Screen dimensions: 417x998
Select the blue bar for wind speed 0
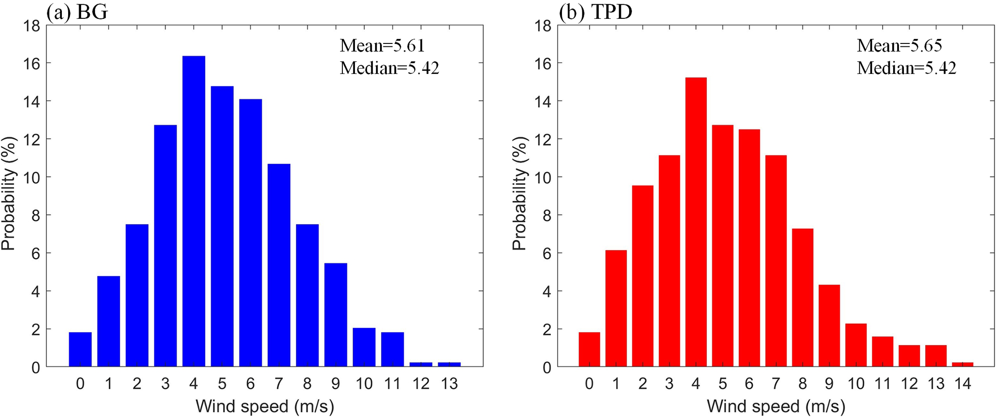80,349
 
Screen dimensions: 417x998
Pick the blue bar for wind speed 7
279,265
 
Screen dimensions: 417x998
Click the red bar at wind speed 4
696,222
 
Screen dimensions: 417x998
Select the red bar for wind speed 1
616,308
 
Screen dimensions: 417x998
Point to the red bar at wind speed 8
802,297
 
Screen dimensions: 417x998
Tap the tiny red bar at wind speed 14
962,364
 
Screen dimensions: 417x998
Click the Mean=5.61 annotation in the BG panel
382,46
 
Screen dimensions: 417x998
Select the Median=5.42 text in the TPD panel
906,69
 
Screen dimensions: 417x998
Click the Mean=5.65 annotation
899,46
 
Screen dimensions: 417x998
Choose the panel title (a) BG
77,12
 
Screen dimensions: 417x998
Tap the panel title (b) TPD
595,12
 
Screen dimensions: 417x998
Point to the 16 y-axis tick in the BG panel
32,63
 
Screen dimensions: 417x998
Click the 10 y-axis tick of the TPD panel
543,177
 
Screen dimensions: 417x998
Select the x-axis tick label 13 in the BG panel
450,384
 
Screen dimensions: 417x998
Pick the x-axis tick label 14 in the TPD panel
962,384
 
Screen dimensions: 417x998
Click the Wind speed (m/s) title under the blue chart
265,406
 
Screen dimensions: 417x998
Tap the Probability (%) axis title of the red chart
520,193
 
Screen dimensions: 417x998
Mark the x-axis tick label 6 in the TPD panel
749,384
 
